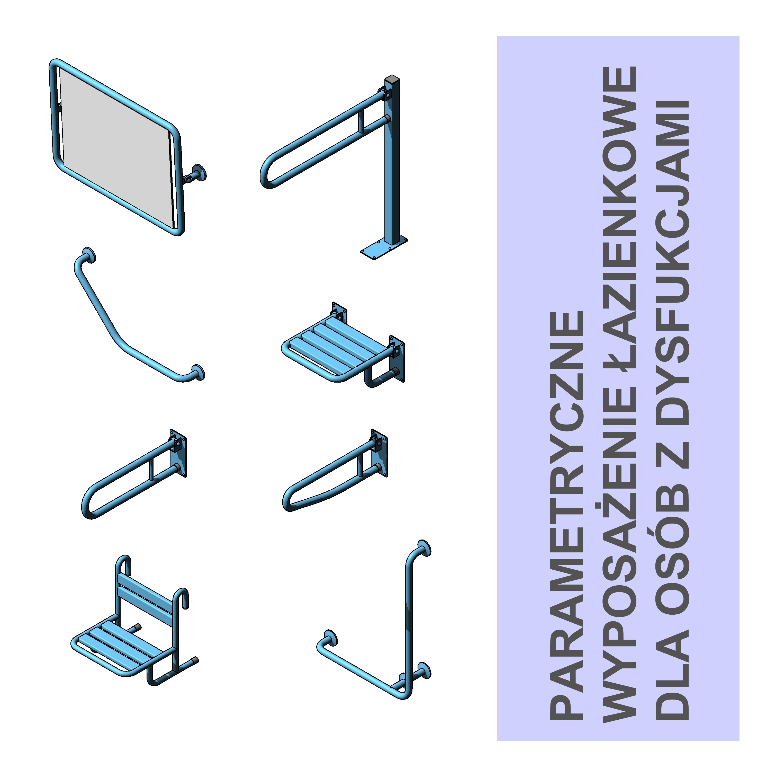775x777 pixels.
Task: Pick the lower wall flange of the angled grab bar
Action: (198, 372)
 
